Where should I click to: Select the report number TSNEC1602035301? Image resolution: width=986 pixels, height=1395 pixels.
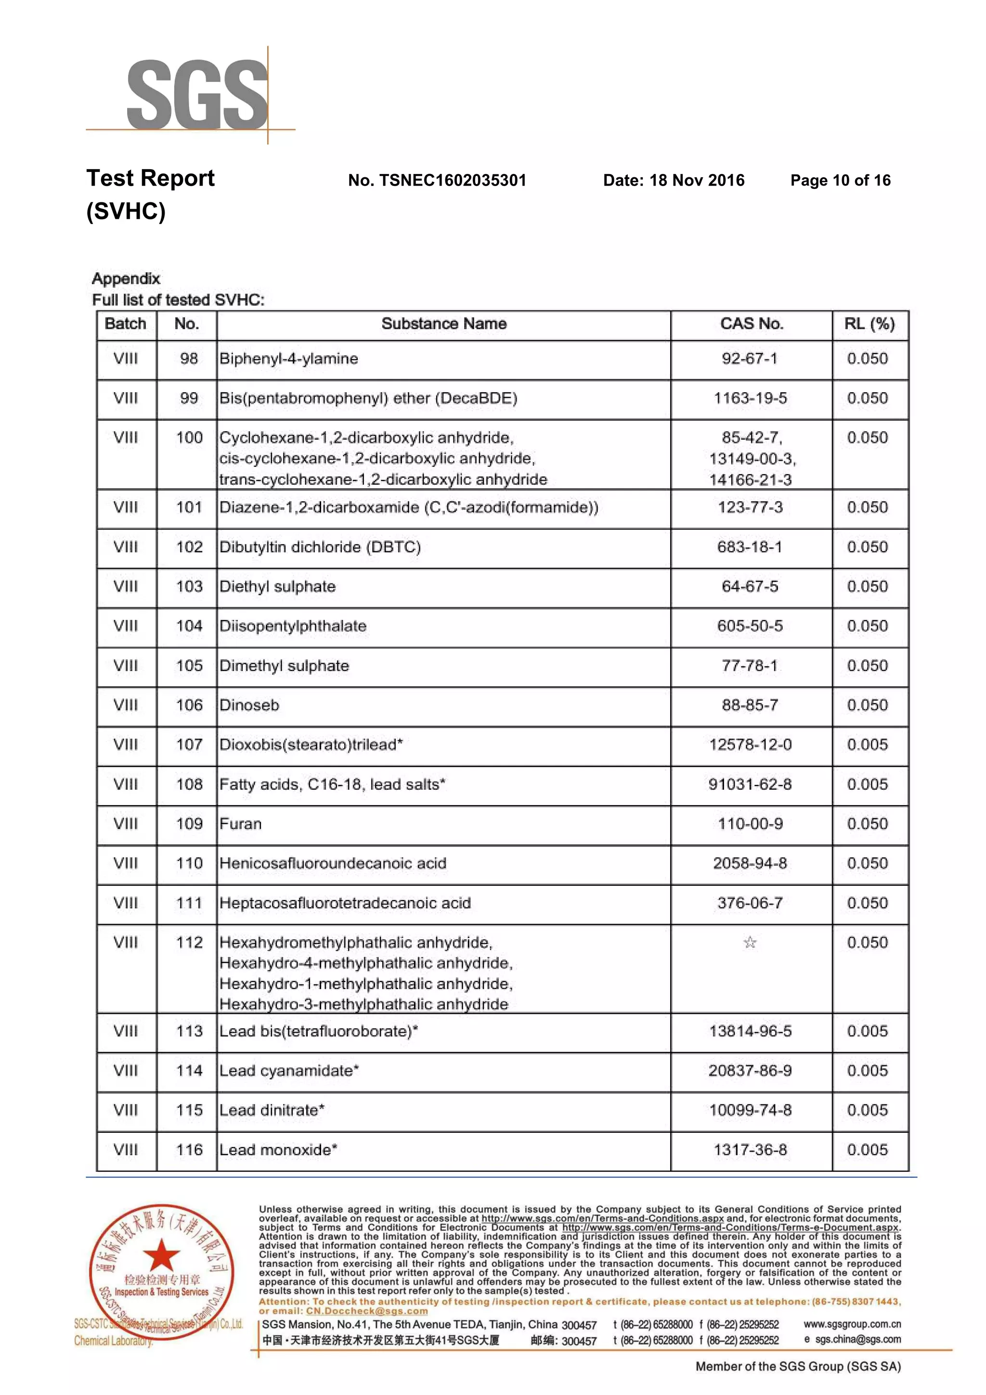(x=453, y=180)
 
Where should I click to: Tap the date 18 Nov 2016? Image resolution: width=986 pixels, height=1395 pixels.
(x=696, y=180)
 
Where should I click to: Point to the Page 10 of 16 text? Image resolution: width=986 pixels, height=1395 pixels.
(x=840, y=180)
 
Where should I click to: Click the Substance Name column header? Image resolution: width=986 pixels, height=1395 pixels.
(x=444, y=324)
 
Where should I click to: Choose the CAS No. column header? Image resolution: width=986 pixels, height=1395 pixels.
(x=751, y=324)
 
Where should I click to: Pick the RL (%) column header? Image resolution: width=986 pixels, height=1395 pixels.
(x=869, y=324)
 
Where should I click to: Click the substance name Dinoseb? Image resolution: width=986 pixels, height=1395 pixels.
(x=249, y=705)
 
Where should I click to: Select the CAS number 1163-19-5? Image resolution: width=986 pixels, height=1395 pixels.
(x=751, y=398)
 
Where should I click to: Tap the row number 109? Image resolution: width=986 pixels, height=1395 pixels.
(x=189, y=824)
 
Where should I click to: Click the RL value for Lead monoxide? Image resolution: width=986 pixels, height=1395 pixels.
(x=867, y=1150)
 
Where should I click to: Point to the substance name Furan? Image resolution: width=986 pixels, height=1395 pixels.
(x=240, y=824)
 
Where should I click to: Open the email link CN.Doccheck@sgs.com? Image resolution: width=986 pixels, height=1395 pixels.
(x=367, y=1311)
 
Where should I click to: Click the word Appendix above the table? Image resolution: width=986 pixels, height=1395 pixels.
(x=126, y=279)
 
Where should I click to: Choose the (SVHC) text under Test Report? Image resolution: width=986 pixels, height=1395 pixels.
(x=126, y=212)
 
